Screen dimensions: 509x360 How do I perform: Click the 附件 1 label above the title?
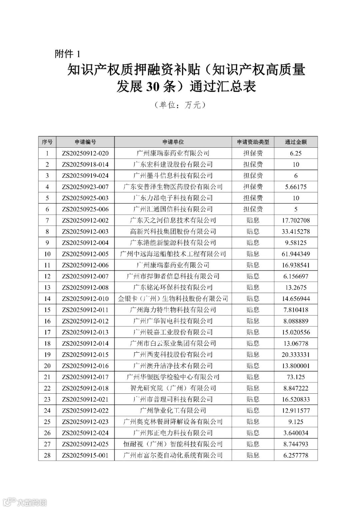[67, 54]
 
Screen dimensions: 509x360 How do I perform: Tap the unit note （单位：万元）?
[180, 105]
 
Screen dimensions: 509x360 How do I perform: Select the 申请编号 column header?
[85, 142]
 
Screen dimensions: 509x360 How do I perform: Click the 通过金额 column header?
[296, 142]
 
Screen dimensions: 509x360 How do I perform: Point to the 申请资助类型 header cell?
[253, 142]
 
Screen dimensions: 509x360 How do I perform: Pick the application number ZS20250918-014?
[85, 164]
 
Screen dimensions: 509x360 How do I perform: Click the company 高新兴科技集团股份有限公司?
[173, 232]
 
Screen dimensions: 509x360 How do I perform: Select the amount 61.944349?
[296, 254]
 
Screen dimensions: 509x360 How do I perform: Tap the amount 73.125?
[296, 377]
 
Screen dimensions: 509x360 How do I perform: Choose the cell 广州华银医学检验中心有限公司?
[173, 377]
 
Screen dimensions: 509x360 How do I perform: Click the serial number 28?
[47, 455]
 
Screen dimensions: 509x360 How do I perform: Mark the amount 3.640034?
[296, 433]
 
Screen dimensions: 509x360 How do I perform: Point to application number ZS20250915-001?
[85, 455]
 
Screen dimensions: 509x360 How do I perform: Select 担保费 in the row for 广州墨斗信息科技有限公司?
[253, 176]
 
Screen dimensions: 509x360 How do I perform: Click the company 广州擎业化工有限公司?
[173, 411]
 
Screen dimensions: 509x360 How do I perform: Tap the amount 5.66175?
[296, 187]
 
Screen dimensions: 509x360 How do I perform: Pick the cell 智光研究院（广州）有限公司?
[173, 388]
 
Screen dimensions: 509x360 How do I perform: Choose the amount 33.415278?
[296, 232]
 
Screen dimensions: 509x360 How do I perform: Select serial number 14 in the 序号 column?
[47, 299]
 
